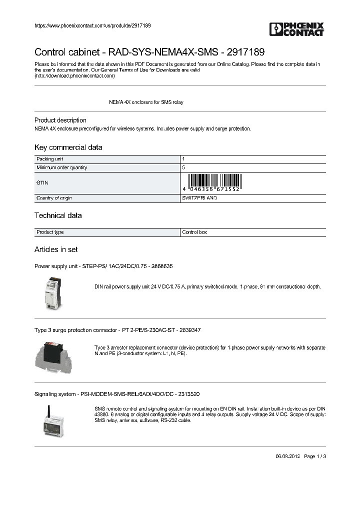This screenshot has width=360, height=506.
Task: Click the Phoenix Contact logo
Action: coord(296,29)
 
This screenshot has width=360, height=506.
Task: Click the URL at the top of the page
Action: coord(92,25)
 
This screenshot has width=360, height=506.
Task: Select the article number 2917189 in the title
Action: coord(246,52)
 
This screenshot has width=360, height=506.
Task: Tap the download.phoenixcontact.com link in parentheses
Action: coord(74,76)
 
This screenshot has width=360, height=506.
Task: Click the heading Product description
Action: coord(60,120)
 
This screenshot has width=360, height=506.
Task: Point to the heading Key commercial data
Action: coord(68,147)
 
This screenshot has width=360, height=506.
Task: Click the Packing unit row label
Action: coord(49,159)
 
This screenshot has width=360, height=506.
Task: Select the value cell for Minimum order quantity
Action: coord(252,167)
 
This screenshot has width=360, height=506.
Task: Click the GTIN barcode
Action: coord(214,183)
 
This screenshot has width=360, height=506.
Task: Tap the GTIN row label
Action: coord(42,183)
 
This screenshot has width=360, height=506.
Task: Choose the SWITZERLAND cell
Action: coord(199,198)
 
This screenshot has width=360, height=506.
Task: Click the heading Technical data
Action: coord(57,215)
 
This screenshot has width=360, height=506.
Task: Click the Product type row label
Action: coord(50,232)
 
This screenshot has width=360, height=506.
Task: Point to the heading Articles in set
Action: coord(55,249)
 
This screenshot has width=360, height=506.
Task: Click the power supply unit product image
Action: coord(52,293)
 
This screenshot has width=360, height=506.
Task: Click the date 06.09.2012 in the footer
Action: coord(287,456)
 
